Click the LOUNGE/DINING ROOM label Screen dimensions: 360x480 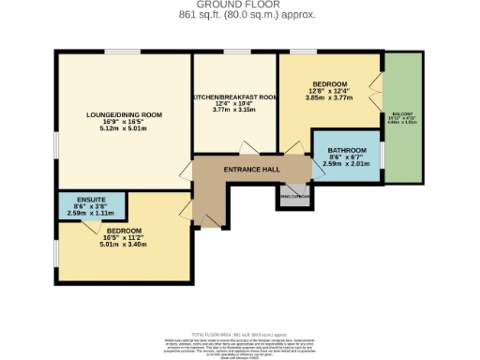pyautogui.click(x=125, y=114)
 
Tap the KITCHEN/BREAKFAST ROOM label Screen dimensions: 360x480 pyautogui.click(x=234, y=97)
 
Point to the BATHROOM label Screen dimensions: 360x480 pyautogui.click(x=346, y=150)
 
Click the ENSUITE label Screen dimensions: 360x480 pyautogui.click(x=91, y=200)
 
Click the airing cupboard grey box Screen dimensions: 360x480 pyautogui.click(x=292, y=196)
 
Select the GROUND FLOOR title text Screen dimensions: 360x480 pyautogui.click(x=240, y=6)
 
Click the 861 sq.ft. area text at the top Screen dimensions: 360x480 pyautogui.click(x=240, y=16)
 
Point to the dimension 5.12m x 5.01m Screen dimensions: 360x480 pyautogui.click(x=125, y=128)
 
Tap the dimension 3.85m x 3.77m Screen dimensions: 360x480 pyautogui.click(x=328, y=97)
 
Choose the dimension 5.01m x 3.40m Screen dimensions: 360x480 pyautogui.click(x=123, y=244)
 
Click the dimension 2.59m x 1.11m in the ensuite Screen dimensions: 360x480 pyautogui.click(x=91, y=214)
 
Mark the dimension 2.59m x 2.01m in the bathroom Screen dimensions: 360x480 pyautogui.click(x=346, y=164)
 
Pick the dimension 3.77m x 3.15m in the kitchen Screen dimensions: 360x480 pyautogui.click(x=234, y=110)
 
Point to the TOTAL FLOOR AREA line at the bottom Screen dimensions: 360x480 pyautogui.click(x=240, y=335)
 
